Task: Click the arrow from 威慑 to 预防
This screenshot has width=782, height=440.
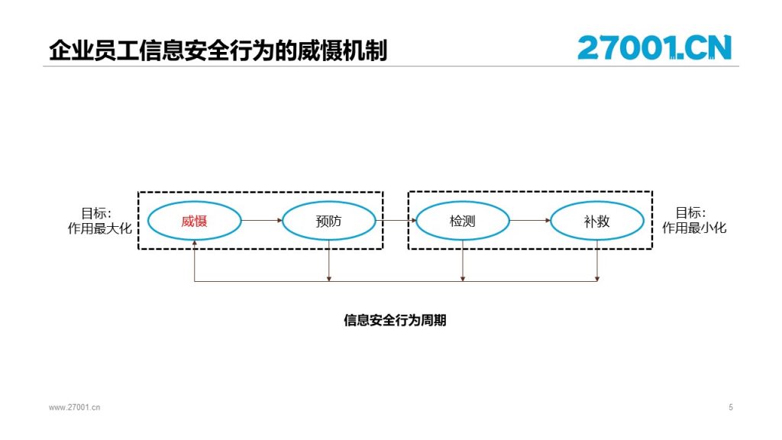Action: pos(262,221)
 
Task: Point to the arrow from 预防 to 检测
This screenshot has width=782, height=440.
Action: pos(396,221)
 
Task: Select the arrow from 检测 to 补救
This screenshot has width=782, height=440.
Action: pos(530,221)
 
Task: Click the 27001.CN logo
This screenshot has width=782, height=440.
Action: pos(654,47)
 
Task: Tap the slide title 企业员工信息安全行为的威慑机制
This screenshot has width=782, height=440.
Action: pos(218,50)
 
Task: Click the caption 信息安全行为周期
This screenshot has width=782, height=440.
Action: pos(395,320)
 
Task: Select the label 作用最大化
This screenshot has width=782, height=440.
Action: pos(100,228)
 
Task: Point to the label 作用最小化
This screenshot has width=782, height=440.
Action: pos(694,228)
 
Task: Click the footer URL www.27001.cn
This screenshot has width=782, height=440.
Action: pos(74,408)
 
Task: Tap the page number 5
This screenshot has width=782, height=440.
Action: pos(731,408)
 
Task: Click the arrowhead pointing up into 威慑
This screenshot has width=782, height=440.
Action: pos(195,243)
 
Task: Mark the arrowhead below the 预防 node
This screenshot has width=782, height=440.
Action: pos(328,278)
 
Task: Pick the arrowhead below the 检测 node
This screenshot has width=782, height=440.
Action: pos(463,278)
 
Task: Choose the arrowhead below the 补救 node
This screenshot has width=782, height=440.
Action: pos(597,278)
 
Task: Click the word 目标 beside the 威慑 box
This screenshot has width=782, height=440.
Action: pos(93,214)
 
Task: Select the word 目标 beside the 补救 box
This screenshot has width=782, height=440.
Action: pos(688,213)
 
